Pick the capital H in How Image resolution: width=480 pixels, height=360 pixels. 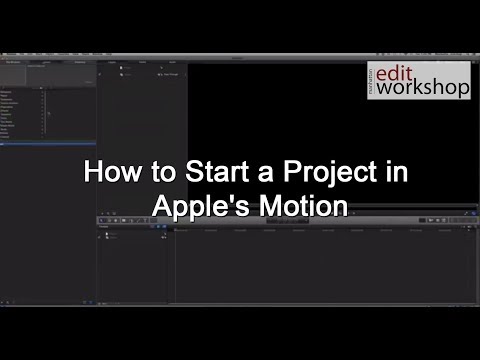tap(89, 172)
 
